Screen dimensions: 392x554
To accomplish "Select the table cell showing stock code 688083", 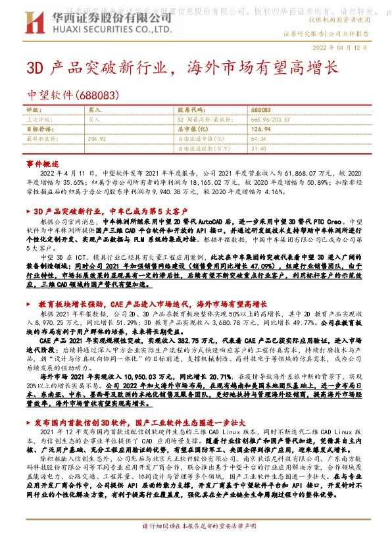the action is point(261,111).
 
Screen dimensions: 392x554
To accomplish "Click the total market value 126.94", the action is point(261,130).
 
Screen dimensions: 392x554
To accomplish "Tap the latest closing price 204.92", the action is point(97,139).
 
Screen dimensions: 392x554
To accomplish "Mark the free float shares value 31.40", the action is point(258,149).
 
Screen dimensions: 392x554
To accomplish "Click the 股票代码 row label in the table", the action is point(192,111).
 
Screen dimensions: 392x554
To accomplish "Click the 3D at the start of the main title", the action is point(34,68).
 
